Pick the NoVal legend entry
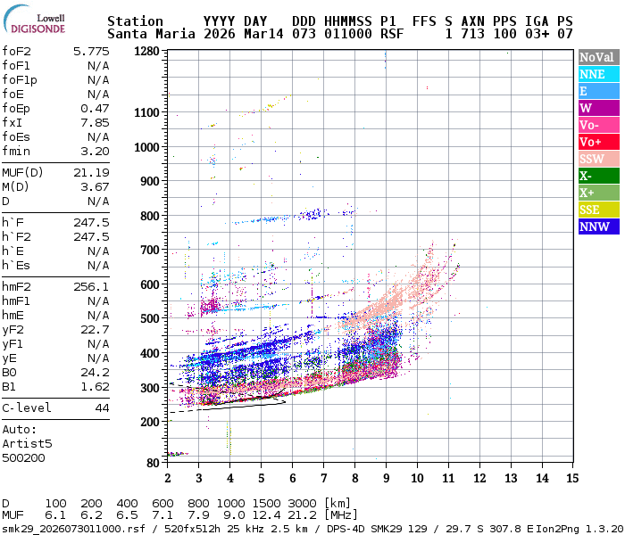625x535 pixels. pyautogui.click(x=597, y=57)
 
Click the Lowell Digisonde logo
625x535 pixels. pyautogui.click(x=38, y=22)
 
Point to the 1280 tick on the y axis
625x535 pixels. pyautogui.click(x=147, y=51)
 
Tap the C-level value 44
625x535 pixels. pyautogui.click(x=102, y=407)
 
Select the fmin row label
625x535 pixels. pyautogui.click(x=16, y=151)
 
